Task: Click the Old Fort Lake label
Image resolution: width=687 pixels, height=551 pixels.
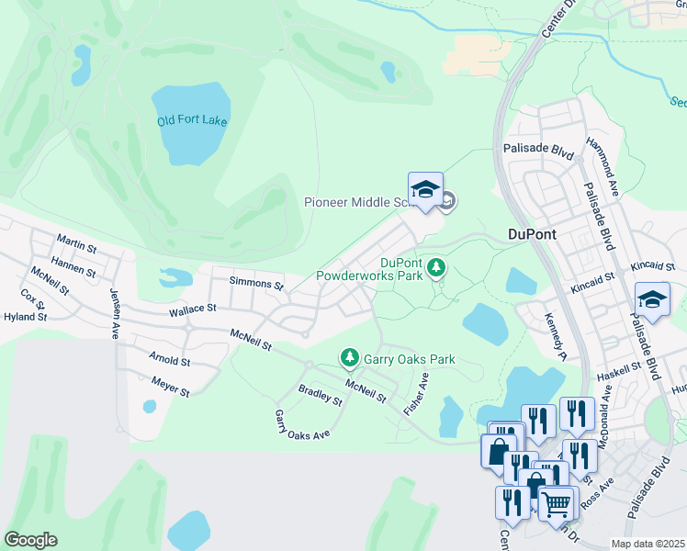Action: coord(192,121)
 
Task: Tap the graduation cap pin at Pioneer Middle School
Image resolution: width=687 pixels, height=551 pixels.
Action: coord(425,190)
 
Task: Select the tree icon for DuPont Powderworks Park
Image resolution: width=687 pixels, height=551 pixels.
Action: coord(438,267)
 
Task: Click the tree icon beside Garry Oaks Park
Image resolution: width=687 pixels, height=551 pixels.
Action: coord(349,356)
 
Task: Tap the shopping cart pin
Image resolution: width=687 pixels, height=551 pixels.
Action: coord(556,502)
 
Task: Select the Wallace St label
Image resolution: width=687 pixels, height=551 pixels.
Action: coord(192,312)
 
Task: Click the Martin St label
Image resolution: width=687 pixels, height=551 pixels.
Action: coord(76,244)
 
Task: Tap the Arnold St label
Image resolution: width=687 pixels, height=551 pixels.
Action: coord(169,360)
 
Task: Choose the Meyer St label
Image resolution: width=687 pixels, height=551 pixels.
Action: coord(171,388)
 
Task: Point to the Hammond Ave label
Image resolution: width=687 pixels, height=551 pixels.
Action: coord(604,163)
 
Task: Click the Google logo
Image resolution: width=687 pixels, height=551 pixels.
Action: coord(30,540)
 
